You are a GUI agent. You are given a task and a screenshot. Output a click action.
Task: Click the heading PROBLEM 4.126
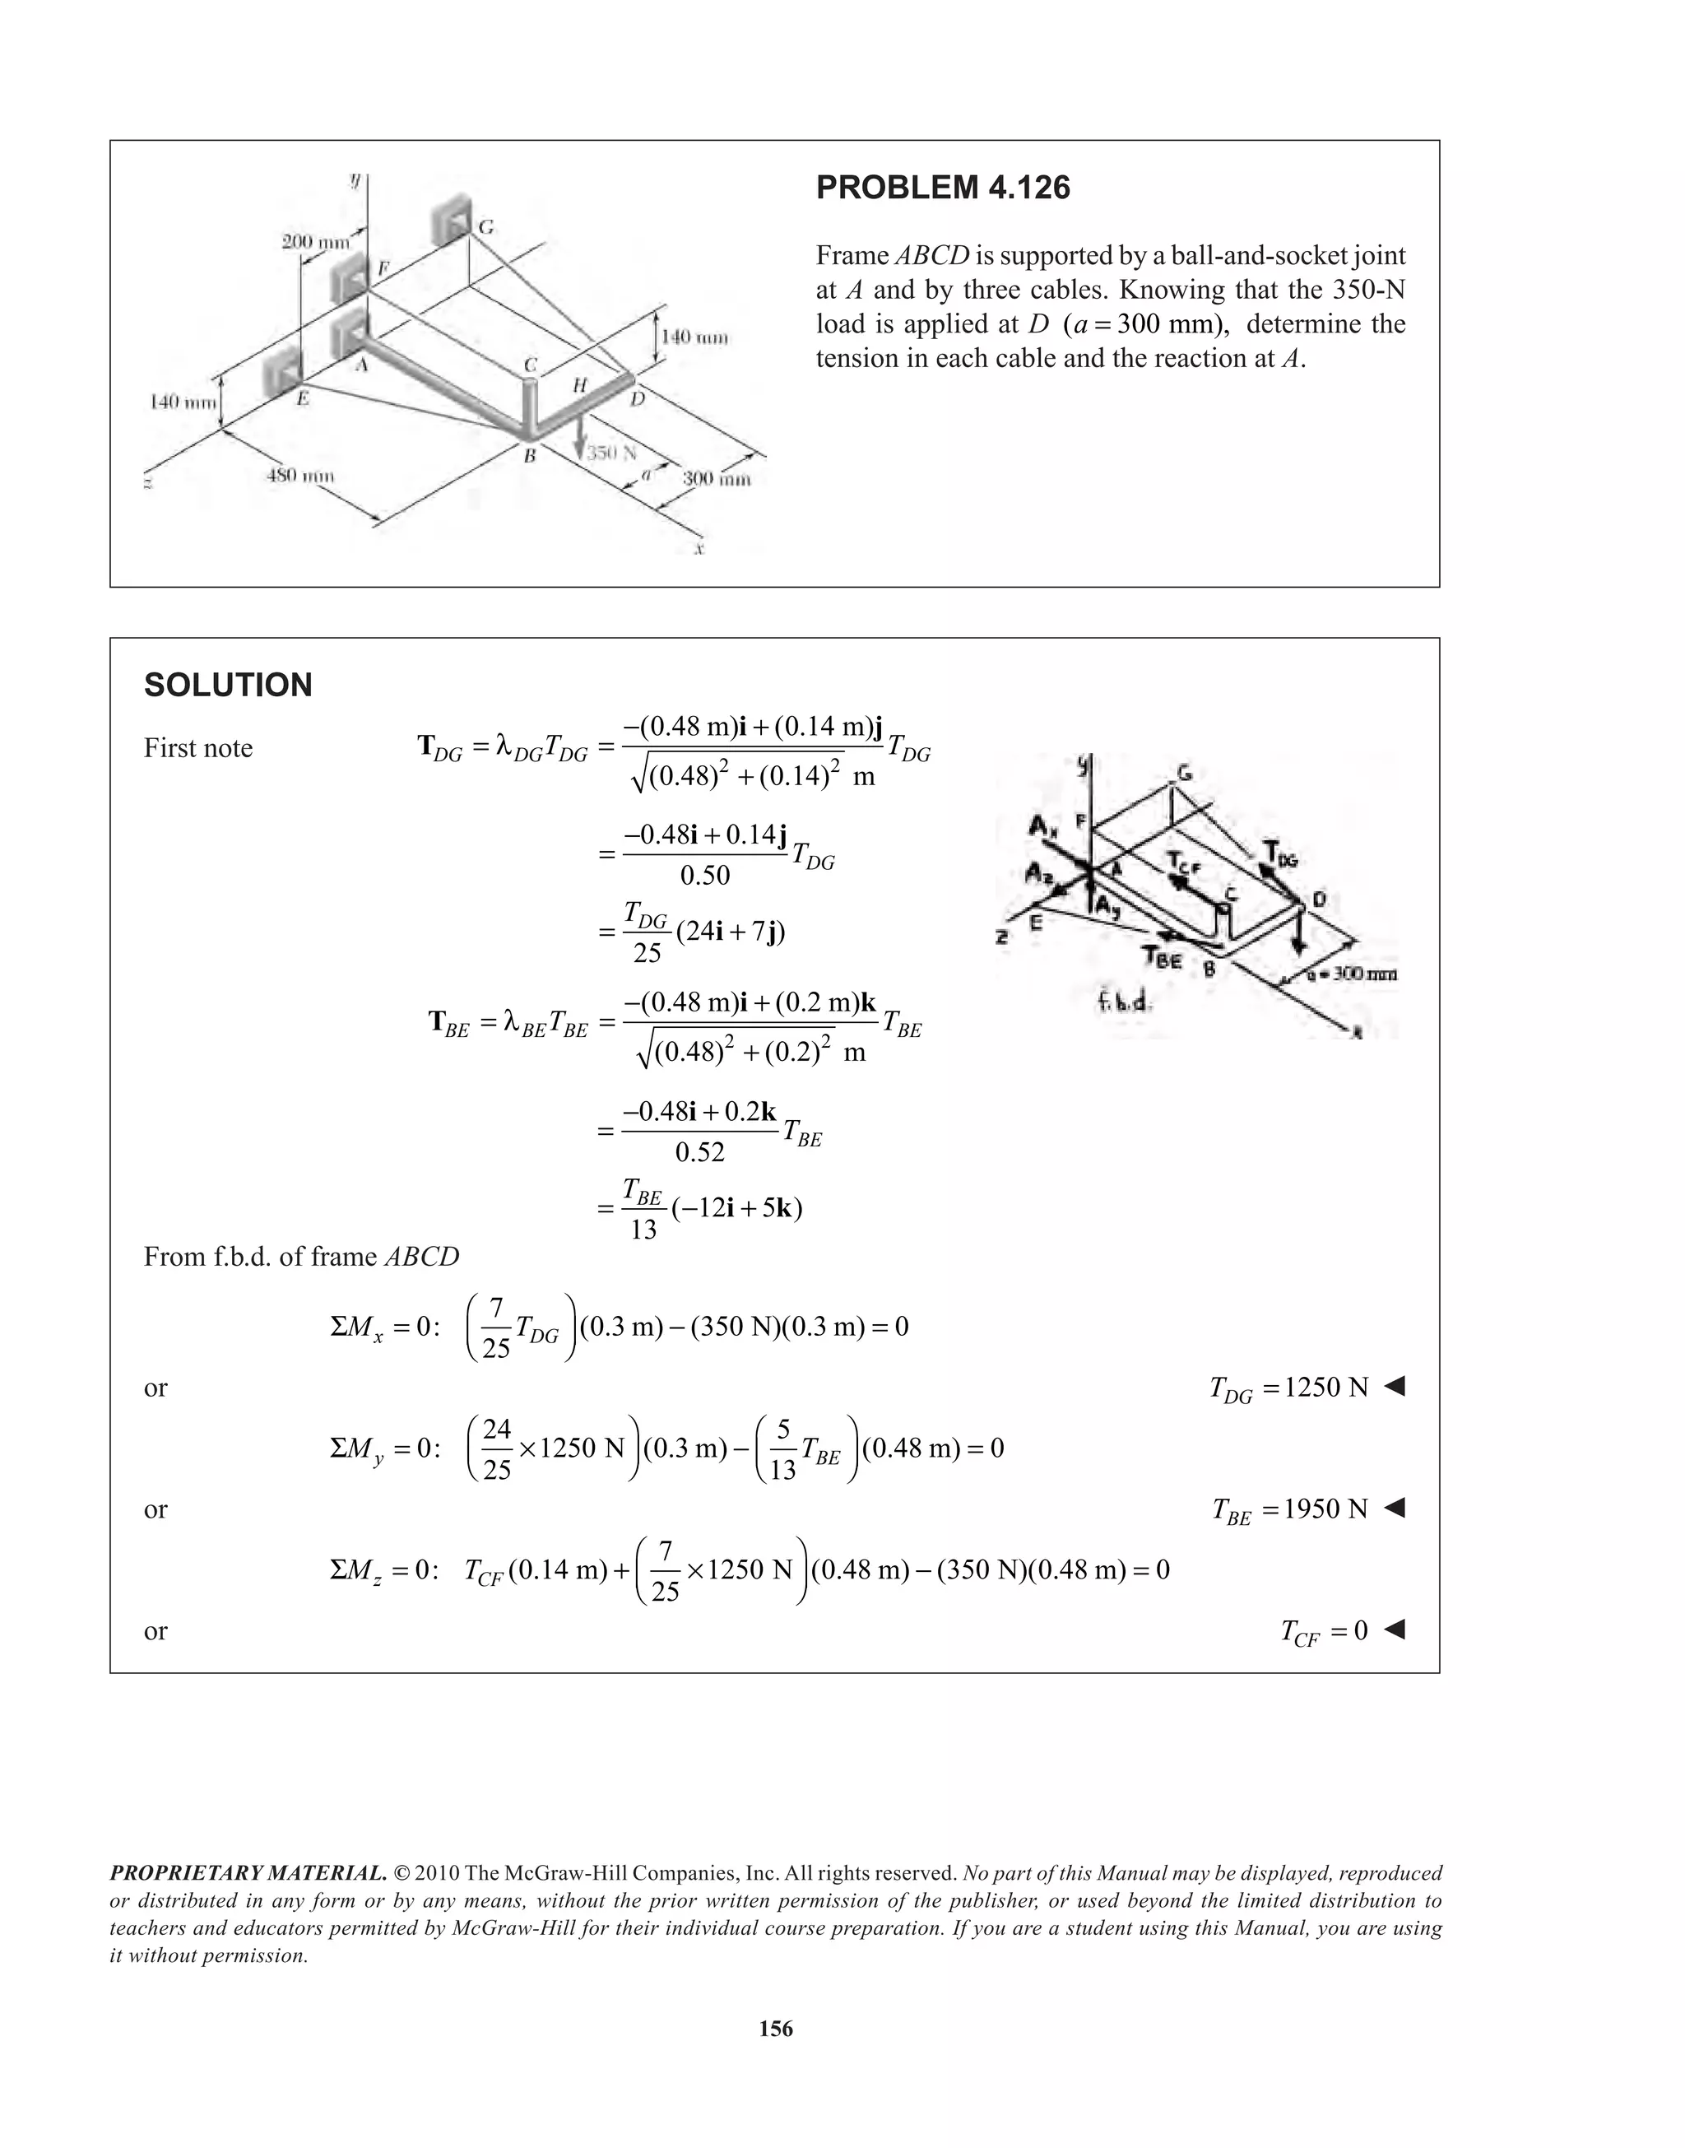(942, 188)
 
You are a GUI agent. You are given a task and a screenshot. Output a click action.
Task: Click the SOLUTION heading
(228, 685)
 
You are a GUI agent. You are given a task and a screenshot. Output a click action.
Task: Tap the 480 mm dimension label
(301, 476)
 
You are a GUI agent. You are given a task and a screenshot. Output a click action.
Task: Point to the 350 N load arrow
(580, 435)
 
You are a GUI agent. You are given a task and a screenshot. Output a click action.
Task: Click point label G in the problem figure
(485, 228)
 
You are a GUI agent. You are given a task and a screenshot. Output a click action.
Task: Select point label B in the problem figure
(529, 456)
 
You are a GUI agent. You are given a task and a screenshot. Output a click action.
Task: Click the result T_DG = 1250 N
(1288, 1388)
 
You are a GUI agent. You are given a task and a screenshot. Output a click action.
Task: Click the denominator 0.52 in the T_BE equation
(699, 1151)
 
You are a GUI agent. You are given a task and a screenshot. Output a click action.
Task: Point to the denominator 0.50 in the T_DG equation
(705, 875)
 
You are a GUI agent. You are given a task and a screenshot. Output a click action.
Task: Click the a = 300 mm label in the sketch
(1348, 974)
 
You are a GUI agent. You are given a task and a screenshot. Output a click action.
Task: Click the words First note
(198, 748)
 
